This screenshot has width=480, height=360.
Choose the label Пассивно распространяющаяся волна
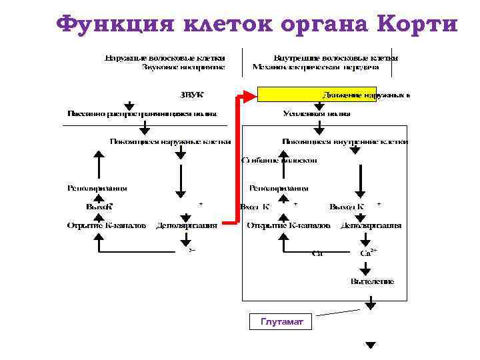click(x=141, y=113)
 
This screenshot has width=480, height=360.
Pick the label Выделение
click(x=372, y=281)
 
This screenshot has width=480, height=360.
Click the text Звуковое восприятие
click(x=183, y=67)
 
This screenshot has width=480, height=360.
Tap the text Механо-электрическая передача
click(x=315, y=67)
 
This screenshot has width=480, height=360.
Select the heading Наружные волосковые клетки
click(x=165, y=57)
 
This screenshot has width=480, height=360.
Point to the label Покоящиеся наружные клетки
click(x=171, y=141)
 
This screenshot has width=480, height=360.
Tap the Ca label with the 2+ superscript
click(x=367, y=253)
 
